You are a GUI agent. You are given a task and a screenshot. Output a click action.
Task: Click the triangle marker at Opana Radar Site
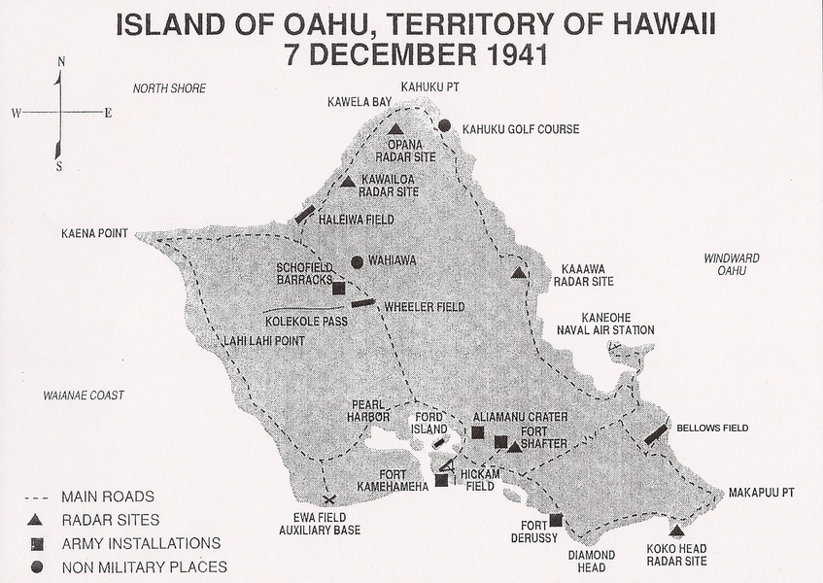394,129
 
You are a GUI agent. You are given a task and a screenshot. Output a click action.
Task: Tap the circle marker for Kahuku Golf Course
444,125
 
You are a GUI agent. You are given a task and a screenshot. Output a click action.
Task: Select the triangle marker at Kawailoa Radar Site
348,181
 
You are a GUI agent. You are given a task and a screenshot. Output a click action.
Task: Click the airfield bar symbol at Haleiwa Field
305,214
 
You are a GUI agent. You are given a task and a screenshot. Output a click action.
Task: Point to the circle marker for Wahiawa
357,261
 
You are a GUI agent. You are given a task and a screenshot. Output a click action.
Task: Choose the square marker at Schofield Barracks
338,288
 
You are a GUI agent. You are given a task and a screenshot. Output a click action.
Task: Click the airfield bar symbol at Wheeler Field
362,303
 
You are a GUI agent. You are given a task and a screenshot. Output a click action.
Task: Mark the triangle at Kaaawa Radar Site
519,273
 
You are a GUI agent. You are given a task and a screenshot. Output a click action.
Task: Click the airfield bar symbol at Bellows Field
657,433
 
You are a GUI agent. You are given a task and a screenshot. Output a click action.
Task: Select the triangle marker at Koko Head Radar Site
676,531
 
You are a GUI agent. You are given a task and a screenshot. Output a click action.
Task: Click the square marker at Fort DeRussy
556,520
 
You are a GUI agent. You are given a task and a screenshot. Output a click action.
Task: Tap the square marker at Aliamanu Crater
477,432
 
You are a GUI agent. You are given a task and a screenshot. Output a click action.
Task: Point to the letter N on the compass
61,62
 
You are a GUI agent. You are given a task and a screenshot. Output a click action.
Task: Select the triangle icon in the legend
35,520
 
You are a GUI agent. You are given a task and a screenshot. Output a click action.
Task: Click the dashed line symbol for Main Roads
35,497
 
